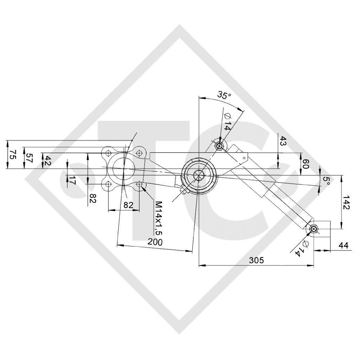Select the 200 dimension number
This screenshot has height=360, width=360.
click(155, 242)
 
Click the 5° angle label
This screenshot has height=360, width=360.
click(326, 181)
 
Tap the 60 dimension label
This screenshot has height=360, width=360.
click(306, 164)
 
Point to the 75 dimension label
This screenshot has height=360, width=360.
click(12, 155)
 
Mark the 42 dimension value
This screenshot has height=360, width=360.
click(47, 160)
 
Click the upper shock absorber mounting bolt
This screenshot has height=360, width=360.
click(219, 146)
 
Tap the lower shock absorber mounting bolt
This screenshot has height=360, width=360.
click(314, 229)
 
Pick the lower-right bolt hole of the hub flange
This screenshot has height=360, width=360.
click(140, 184)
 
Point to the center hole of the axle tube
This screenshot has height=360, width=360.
click(199, 174)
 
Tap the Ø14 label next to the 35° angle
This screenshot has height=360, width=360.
click(227, 122)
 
